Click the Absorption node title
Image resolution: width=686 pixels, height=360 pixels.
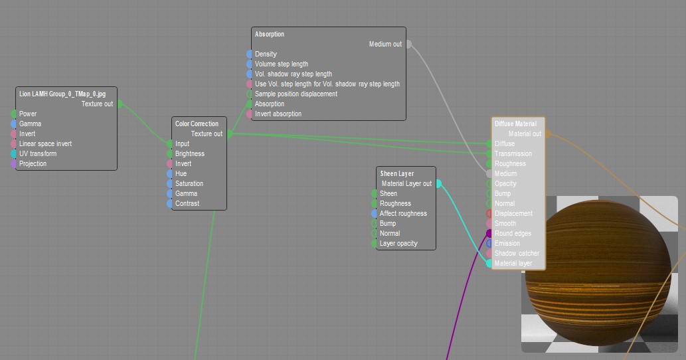click(x=270, y=34)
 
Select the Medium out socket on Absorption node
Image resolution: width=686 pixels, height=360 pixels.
click(x=408, y=45)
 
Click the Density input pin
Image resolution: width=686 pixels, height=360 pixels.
click(x=250, y=54)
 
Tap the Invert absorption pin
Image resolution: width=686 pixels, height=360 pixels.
click(x=250, y=114)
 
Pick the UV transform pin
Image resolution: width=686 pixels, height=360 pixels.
click(x=13, y=154)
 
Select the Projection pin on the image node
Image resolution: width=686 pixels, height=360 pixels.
click(x=13, y=164)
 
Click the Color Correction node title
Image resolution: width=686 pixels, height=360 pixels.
click(x=197, y=124)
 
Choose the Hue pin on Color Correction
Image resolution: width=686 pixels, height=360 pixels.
click(x=170, y=174)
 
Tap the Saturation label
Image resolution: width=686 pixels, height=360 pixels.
click(x=189, y=184)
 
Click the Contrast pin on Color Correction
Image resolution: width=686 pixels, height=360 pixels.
click(x=170, y=204)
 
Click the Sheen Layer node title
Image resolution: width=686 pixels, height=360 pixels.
click(x=397, y=173)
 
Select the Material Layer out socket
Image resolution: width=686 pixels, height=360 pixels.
click(x=438, y=184)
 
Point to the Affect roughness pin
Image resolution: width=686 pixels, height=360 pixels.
click(x=375, y=214)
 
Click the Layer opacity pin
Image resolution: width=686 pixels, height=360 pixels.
click(x=375, y=244)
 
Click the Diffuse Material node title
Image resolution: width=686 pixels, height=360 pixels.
click(x=515, y=124)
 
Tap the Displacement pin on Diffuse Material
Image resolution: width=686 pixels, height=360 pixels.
click(x=489, y=214)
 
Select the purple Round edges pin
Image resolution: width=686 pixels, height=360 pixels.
click(x=489, y=234)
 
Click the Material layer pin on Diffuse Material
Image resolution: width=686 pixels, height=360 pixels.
click(x=489, y=264)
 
